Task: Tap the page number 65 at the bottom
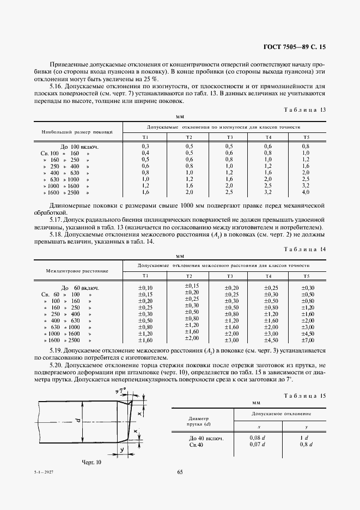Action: tap(180, 472)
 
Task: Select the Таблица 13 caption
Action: tap(305, 110)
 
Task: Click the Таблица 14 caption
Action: tap(305, 248)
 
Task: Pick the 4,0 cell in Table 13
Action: tap(306, 193)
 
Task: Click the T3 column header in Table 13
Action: tap(230, 137)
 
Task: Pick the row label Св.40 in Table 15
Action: tap(197, 445)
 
